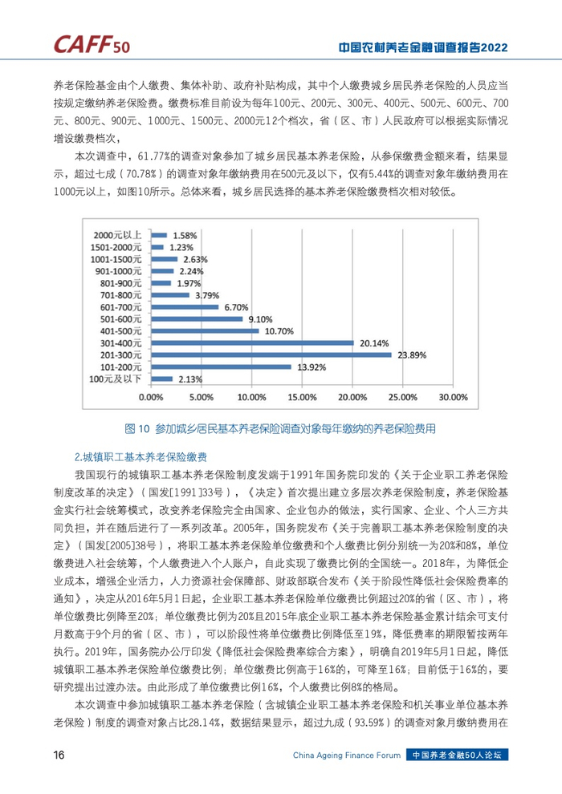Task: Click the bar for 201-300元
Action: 271,354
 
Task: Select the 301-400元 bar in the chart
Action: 252,342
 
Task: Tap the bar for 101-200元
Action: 221,367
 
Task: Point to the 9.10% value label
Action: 262,318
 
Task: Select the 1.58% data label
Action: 184,235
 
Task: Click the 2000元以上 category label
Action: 121,235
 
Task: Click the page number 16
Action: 59,756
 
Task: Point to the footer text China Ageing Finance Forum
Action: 347,756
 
